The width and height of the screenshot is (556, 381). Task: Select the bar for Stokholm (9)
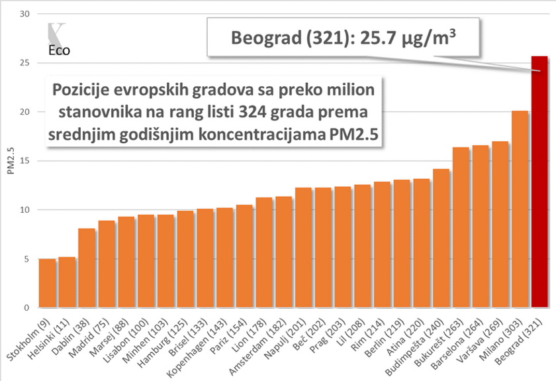47,284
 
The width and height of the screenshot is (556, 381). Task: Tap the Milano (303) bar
520,209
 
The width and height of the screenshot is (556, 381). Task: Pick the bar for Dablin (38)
87,268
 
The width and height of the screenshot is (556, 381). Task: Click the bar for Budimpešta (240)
441,239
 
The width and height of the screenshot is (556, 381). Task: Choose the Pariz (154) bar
244,256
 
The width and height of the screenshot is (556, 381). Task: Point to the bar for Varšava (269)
500,225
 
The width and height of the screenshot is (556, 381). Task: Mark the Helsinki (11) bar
67,282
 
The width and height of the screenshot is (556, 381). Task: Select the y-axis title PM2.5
11,160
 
